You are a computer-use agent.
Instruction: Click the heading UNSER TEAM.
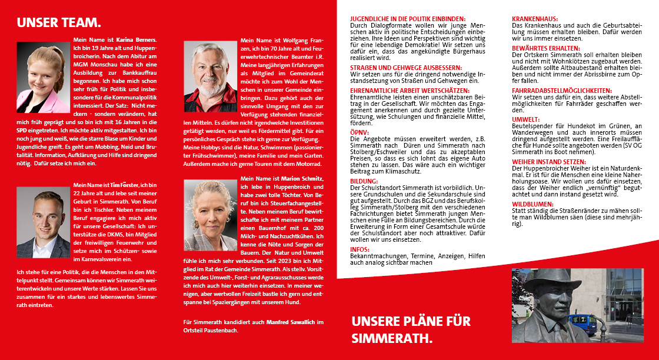click(x=59, y=23)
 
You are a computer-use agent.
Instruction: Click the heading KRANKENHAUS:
click(x=535, y=19)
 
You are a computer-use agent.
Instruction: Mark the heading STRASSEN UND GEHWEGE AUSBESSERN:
click(x=405, y=68)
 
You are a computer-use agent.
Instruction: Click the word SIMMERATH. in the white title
click(x=392, y=339)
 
